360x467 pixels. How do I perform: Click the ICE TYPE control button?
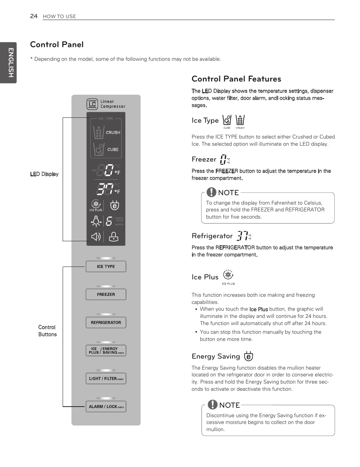(x=106, y=267)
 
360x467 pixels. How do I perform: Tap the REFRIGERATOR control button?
(x=106, y=323)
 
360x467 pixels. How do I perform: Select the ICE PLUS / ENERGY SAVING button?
(x=106, y=351)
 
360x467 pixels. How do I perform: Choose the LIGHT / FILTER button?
(x=106, y=379)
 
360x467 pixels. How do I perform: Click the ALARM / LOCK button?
(x=106, y=407)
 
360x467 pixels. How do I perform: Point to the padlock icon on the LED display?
(x=113, y=237)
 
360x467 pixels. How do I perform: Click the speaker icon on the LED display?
(x=96, y=237)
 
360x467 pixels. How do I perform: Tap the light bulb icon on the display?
(x=96, y=221)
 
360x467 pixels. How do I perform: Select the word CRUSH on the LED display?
(x=113, y=133)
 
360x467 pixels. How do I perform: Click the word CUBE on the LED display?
(x=113, y=150)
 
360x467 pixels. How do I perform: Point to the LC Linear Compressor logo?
(x=92, y=104)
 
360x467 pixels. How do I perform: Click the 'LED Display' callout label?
(x=45, y=174)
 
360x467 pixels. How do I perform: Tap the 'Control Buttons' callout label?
(x=47, y=331)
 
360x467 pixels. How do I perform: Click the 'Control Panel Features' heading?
(x=236, y=79)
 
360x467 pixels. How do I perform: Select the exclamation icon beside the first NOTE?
(x=211, y=192)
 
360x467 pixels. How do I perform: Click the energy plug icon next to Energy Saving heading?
(x=248, y=356)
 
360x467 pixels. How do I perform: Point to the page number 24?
(x=34, y=16)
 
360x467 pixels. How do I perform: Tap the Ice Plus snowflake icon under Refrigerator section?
(x=228, y=275)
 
